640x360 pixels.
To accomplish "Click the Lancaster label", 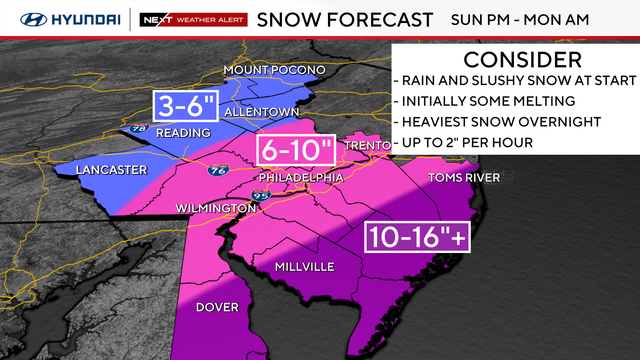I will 111,169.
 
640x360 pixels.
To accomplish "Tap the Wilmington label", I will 215,207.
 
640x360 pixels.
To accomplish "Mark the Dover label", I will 217,307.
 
